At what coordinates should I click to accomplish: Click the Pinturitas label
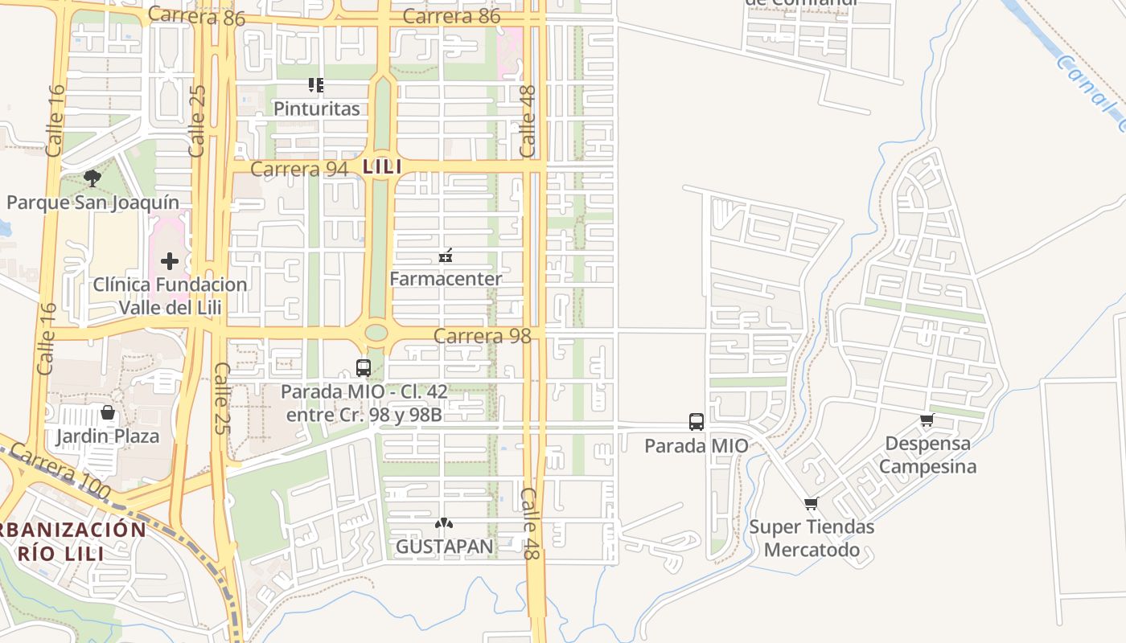coord(317,109)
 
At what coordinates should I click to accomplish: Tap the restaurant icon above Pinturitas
coord(316,84)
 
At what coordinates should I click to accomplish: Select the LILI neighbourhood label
coord(382,167)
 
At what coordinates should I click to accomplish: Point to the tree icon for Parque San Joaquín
coord(92,178)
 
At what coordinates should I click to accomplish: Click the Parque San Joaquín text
coord(93,202)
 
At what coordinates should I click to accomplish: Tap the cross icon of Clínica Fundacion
coord(170,260)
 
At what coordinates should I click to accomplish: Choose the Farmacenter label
coord(446,279)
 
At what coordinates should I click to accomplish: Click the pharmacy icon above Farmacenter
coord(446,256)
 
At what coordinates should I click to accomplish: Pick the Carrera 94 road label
coord(299,169)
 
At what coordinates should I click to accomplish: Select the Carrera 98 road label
coord(483,336)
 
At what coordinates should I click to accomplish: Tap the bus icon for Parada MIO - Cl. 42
coord(364,368)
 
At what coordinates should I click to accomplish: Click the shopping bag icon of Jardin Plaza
coord(108,413)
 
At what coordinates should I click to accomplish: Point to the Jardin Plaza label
coord(108,436)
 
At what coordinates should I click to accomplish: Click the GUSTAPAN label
coord(444,547)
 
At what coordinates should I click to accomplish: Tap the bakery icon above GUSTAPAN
coord(444,523)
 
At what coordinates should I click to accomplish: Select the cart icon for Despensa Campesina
coord(927,420)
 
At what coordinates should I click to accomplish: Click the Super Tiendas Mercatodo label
coord(812,539)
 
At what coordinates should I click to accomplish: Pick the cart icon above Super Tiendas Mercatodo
coord(812,504)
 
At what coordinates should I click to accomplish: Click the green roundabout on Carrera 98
coord(376,332)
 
